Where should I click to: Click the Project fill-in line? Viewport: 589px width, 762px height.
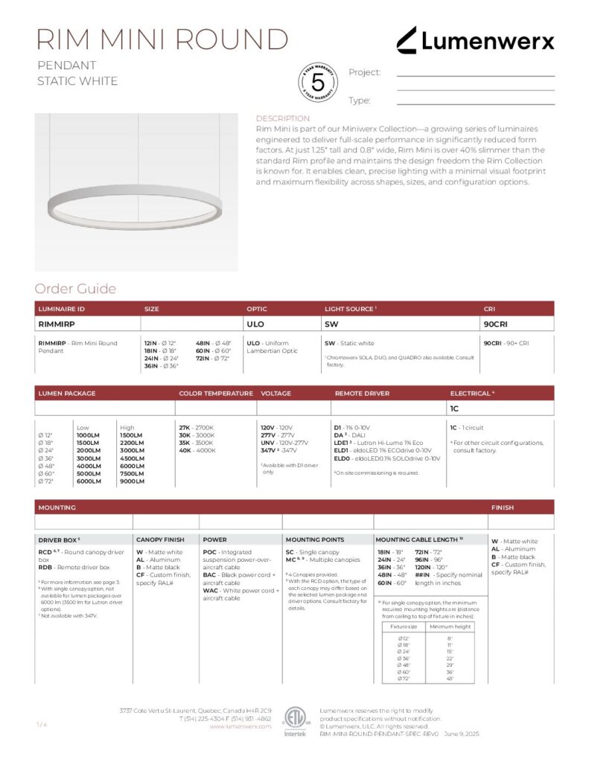click(x=475, y=75)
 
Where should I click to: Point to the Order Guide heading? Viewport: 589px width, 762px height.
click(x=75, y=289)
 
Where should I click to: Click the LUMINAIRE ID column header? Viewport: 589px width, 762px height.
click(x=61, y=308)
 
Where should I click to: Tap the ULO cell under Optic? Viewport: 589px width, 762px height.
click(x=255, y=324)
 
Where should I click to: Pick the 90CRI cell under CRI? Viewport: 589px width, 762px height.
click(x=494, y=324)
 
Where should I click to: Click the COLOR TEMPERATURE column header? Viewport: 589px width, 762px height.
click(x=212, y=393)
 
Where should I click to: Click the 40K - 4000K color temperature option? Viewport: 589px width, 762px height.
click(x=196, y=451)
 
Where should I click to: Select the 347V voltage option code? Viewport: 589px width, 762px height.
click(x=268, y=451)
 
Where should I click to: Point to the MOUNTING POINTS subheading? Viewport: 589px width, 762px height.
click(x=315, y=539)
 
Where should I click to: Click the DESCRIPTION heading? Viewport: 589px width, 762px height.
click(x=282, y=118)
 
